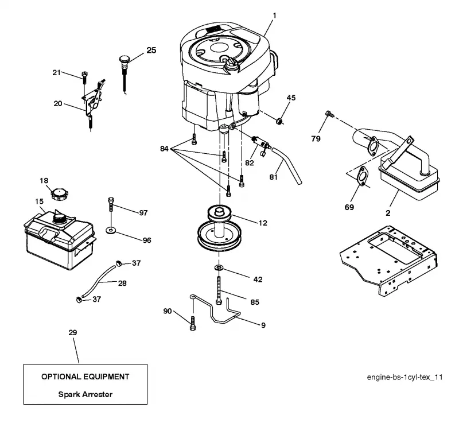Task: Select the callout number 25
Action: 151,51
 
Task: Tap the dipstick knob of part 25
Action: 124,59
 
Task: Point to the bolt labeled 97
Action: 111,205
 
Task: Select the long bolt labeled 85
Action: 219,290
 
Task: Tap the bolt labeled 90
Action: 193,323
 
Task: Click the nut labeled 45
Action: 279,121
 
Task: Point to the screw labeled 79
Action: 329,114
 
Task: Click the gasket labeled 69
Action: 363,176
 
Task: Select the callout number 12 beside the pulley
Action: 263,223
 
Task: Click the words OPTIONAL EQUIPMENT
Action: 85,377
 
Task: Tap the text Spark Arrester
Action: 85,394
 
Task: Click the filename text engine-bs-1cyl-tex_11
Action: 404,377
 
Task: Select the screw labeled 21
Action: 85,76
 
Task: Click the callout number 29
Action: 73,332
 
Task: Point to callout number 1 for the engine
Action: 274,15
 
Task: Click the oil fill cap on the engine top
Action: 231,64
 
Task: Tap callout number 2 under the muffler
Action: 388,213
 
